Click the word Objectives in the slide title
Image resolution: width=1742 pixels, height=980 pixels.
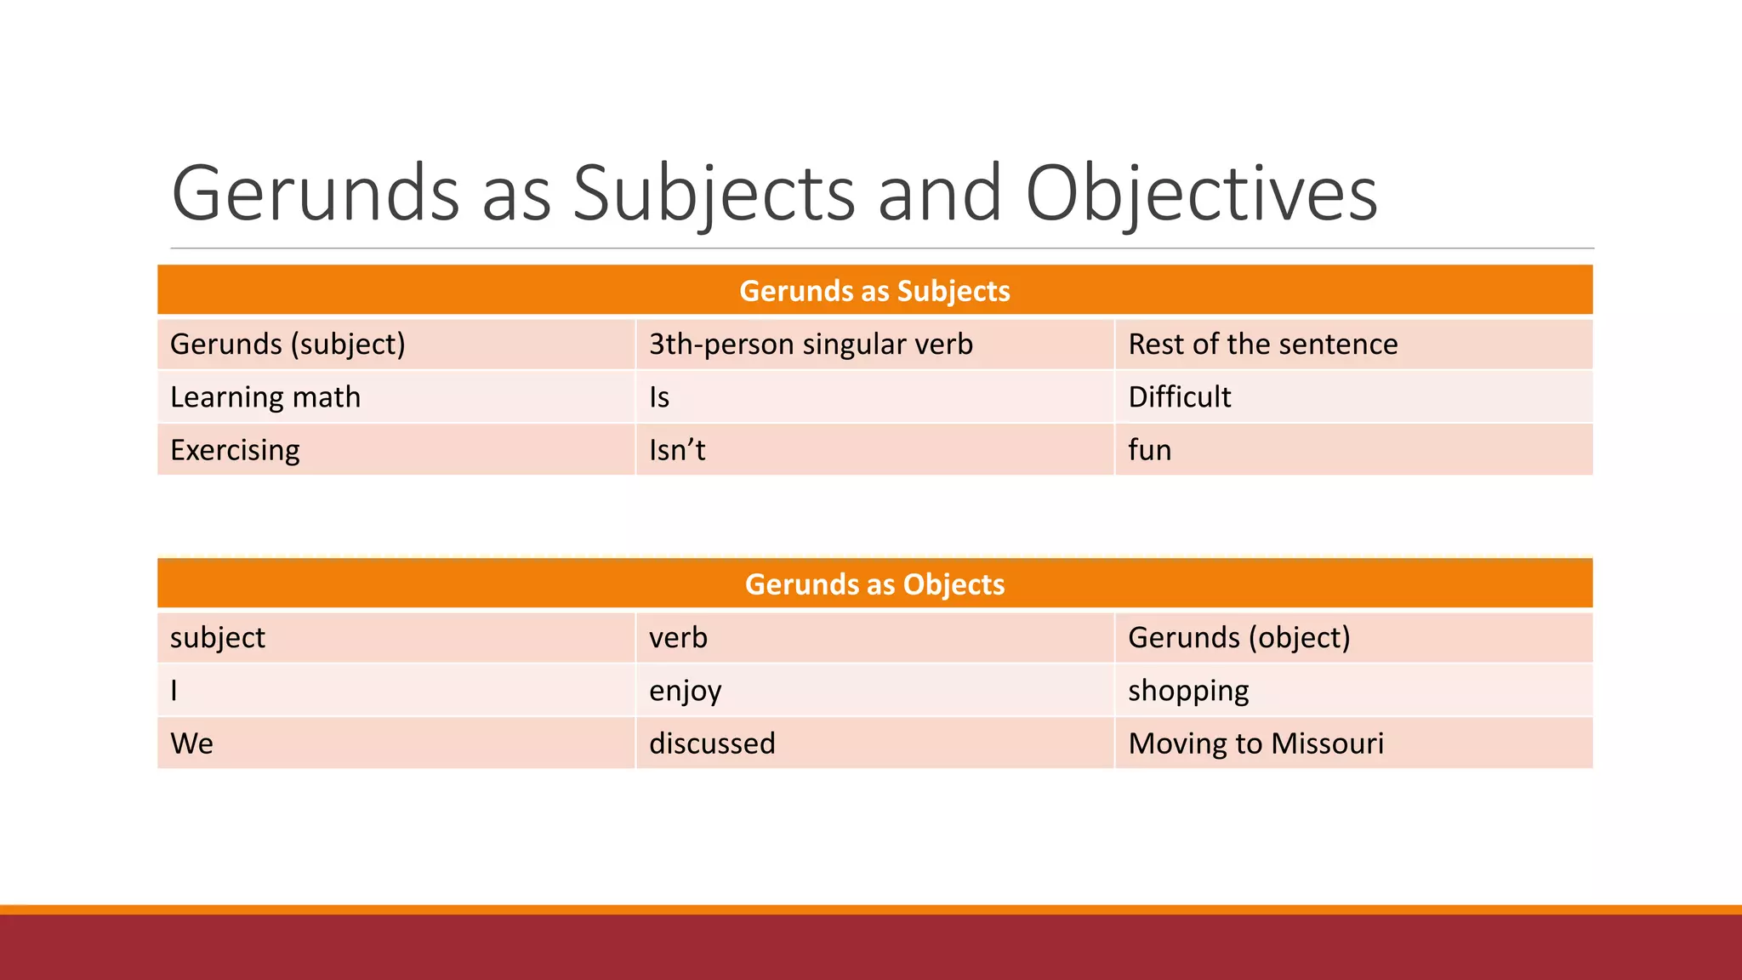tap(1201, 194)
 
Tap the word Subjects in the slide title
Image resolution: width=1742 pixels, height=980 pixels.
tap(714, 194)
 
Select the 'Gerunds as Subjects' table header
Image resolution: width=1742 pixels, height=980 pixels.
tap(874, 291)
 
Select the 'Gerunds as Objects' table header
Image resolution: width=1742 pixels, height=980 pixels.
tap(874, 584)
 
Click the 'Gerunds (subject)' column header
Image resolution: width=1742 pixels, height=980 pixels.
tap(287, 345)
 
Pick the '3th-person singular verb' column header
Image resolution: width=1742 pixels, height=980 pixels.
tap(811, 345)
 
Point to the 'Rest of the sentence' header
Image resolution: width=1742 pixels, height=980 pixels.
tap(1262, 345)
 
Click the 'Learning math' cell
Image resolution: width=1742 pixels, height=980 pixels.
tap(265, 397)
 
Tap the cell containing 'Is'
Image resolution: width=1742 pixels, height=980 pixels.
tap(659, 397)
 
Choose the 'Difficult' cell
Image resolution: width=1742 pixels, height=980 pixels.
tap(1179, 397)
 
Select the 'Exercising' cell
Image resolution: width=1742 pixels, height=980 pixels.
tap(235, 450)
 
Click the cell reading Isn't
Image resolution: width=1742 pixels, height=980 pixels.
tap(677, 450)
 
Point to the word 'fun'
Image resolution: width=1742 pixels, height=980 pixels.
tap(1149, 450)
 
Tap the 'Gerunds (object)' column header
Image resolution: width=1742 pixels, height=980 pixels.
tap(1238, 638)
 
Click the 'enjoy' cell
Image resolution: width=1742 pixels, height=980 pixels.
tap(685, 691)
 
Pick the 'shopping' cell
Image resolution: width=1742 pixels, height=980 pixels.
tap(1188, 691)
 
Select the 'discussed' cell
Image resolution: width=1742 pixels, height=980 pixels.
tap(712, 744)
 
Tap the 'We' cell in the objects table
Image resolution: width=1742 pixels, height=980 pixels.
tap(191, 744)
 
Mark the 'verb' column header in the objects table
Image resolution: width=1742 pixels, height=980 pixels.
tap(678, 638)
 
